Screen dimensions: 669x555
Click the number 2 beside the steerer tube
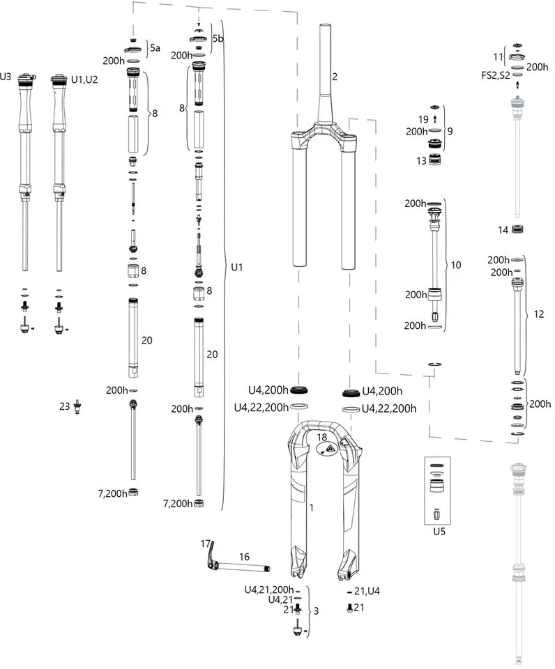[335, 76]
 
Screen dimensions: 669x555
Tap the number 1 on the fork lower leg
[311, 508]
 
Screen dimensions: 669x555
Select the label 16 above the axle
[244, 556]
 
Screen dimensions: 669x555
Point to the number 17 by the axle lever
[206, 543]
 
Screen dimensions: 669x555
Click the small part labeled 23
[78, 406]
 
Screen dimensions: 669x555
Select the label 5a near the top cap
[155, 48]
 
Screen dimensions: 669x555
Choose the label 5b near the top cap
[218, 38]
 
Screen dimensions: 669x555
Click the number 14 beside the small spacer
[503, 230]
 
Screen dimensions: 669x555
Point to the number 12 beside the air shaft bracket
[538, 314]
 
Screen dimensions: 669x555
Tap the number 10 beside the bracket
[456, 265]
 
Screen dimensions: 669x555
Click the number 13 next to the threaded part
[421, 160]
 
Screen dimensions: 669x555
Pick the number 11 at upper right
[497, 55]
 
